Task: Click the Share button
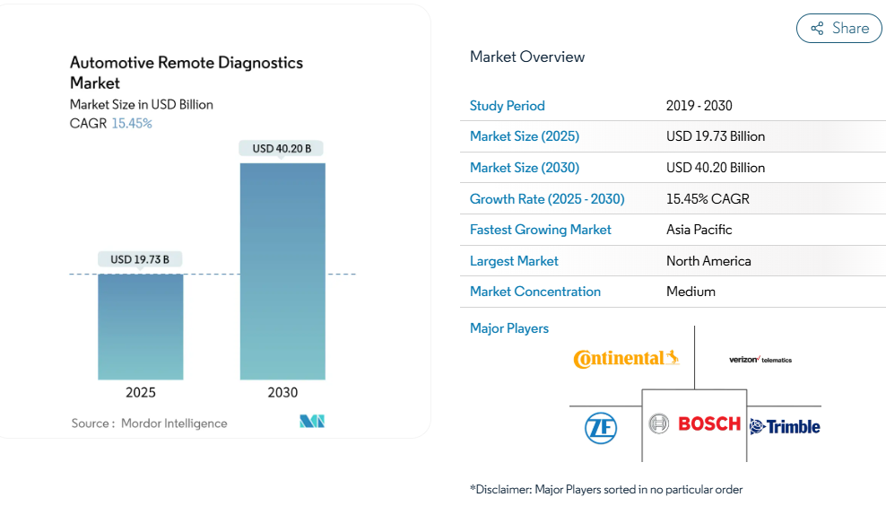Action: tap(838, 29)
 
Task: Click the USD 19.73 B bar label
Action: tap(140, 259)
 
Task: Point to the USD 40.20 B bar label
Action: tap(282, 148)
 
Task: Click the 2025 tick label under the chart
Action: tap(141, 392)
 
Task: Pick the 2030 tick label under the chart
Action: tap(282, 392)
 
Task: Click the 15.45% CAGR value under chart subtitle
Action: tap(132, 123)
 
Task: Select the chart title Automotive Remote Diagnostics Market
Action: tap(186, 73)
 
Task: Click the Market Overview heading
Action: tap(527, 57)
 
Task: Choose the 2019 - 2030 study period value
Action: tap(699, 106)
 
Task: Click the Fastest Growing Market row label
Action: tap(541, 230)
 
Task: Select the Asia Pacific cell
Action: tap(699, 230)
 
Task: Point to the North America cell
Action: tap(708, 261)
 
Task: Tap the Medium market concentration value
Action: tap(691, 292)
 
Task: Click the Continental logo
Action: tap(626, 359)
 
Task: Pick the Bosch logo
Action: tap(696, 423)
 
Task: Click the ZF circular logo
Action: tap(601, 427)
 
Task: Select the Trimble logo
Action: tap(785, 427)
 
